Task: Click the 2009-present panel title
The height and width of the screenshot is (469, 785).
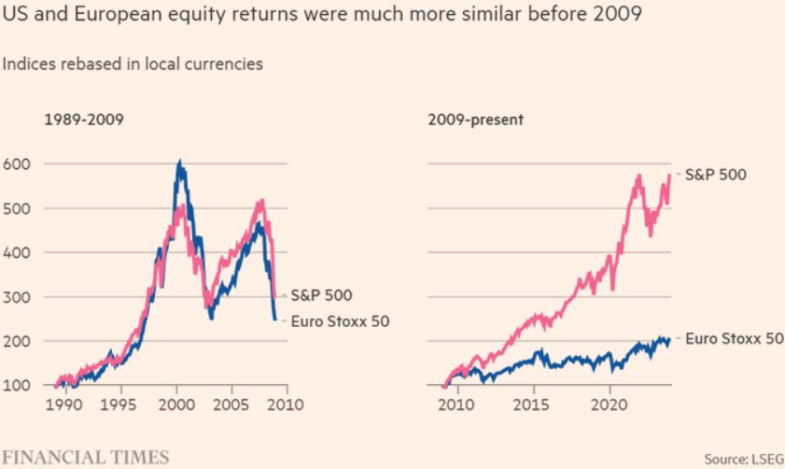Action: point(476,120)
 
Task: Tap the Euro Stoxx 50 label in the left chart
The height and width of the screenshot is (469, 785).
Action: point(341,321)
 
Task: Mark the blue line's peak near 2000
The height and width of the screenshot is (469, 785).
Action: point(179,163)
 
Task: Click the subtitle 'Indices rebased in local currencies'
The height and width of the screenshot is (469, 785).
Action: point(133,64)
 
